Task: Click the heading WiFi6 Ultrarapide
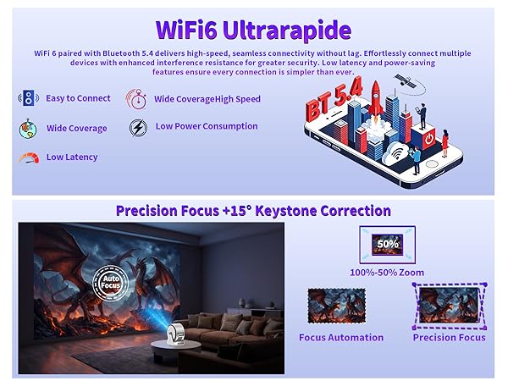[253, 30]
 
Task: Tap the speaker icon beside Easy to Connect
[28, 98]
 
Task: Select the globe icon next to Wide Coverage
[28, 129]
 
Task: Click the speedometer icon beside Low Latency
[28, 157]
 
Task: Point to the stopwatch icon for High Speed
[137, 99]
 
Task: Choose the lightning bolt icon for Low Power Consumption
[137, 127]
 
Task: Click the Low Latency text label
[72, 157]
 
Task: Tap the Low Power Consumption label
[206, 126]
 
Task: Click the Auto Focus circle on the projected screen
[108, 279]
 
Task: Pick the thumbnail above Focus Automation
[335, 306]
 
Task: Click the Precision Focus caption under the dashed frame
[449, 337]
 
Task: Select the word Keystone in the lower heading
[286, 211]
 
